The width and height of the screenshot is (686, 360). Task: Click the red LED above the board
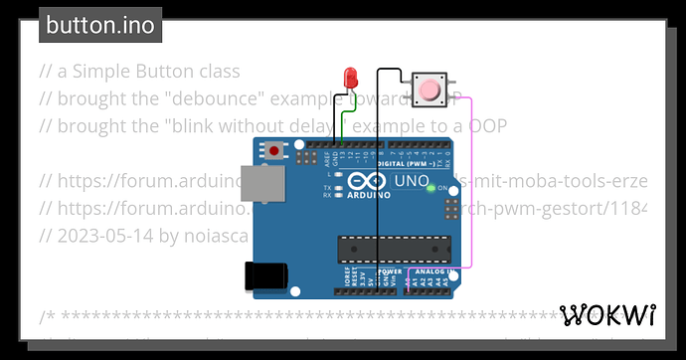pos(350,78)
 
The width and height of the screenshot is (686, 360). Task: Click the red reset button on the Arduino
pos(274,151)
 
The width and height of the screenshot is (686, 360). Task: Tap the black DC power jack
pos(266,274)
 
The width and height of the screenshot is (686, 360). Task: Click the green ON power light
pos(430,187)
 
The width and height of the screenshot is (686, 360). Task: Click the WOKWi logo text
pos(608,315)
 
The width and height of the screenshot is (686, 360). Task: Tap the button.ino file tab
pos(100,26)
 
